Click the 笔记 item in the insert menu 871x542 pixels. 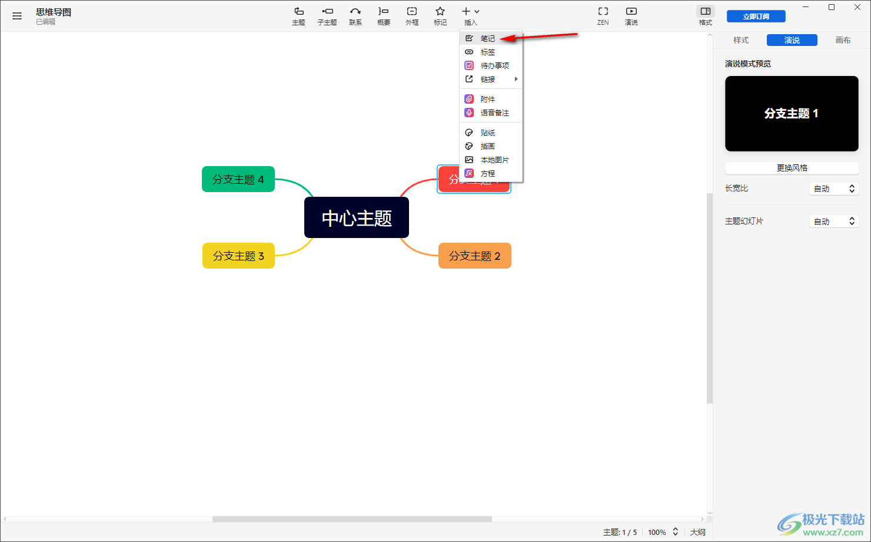tap(487, 38)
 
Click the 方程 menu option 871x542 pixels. tap(487, 173)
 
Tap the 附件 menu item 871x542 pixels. tap(487, 100)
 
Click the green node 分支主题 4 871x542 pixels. tap(238, 179)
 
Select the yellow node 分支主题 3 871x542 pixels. tap(238, 256)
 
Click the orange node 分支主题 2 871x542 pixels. tap(475, 256)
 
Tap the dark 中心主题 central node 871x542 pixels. tap(357, 217)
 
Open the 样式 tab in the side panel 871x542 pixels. tap(741, 40)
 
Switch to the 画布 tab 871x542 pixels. tap(843, 40)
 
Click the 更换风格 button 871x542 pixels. tap(792, 168)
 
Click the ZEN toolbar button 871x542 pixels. tap(603, 16)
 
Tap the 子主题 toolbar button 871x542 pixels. tap(327, 16)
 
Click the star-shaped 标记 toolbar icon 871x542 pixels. tap(440, 11)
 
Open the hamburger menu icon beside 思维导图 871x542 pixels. tap(17, 16)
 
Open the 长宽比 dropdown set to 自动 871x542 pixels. tap(834, 189)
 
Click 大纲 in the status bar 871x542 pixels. tap(697, 532)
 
